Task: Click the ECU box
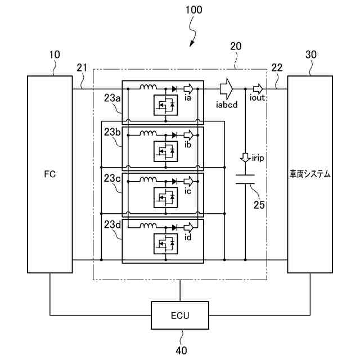[180, 315]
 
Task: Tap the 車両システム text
[309, 174]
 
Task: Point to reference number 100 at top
[193, 10]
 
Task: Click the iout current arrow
[258, 88]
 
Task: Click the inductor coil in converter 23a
[149, 88]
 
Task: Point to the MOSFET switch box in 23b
[166, 150]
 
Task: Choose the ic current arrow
[191, 181]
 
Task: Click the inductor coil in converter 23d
[149, 226]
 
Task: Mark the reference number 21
[82, 68]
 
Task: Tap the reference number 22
[277, 68]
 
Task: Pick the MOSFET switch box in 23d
[166, 243]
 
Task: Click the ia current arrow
[191, 88]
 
